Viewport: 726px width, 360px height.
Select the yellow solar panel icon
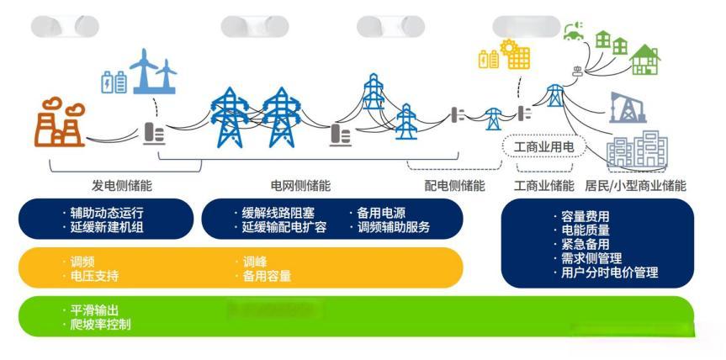tap(515, 55)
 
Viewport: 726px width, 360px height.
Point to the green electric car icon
tap(574, 32)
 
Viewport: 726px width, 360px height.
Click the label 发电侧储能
tap(122, 186)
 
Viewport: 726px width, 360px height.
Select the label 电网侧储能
tap(300, 186)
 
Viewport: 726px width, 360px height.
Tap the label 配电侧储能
tap(454, 186)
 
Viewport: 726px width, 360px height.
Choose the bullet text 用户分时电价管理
tap(609, 273)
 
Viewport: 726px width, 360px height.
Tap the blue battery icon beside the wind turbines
tap(114, 82)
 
